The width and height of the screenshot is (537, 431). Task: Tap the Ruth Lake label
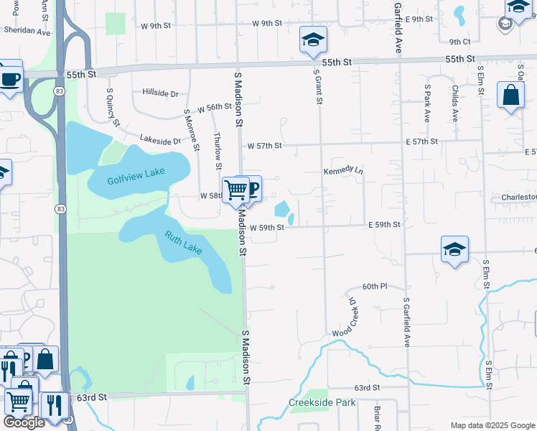184,242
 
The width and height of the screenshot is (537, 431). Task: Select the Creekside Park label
322,403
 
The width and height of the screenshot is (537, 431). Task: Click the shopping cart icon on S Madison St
235,190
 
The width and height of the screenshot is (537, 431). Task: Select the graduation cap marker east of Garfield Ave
454,250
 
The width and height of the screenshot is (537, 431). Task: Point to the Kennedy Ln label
344,171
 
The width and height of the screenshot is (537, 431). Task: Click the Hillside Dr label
160,93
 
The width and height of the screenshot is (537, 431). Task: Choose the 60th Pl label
375,287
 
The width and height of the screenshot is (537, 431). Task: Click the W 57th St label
265,146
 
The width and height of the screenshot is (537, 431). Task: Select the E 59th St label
384,225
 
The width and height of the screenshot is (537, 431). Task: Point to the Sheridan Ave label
27,32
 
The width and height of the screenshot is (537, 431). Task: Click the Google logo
24,422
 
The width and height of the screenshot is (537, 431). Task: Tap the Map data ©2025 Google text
492,425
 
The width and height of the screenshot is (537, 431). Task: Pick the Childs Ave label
455,104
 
